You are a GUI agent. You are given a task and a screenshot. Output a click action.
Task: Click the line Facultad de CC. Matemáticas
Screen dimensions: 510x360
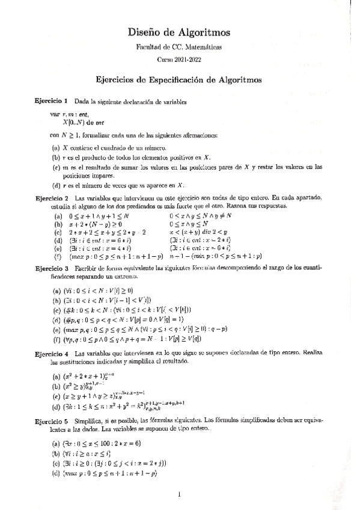[180, 46]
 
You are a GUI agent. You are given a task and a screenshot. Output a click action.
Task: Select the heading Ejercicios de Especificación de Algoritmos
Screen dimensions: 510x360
[180, 79]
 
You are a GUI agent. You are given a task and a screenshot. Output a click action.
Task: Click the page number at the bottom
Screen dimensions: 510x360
[180, 495]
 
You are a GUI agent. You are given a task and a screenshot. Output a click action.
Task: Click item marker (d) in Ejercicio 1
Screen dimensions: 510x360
[56, 185]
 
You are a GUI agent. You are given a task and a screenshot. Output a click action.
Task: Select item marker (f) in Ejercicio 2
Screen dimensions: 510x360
[58, 257]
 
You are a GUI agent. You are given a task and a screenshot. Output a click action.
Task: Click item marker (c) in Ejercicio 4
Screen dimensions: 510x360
[56, 397]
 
